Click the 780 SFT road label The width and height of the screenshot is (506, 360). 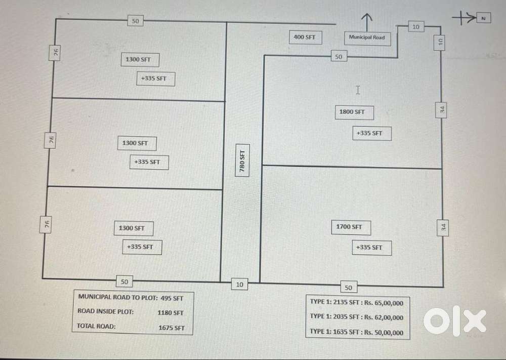[242, 160]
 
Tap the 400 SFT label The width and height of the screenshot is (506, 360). [305, 37]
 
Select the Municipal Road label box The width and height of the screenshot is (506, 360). [367, 37]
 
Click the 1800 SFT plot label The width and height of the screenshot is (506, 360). [352, 112]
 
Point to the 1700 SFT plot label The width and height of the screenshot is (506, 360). [350, 227]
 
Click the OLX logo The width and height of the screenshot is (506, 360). [454, 321]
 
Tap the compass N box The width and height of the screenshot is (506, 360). [483, 18]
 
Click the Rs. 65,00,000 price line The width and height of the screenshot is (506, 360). [357, 302]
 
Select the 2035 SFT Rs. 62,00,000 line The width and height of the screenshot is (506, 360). [357, 317]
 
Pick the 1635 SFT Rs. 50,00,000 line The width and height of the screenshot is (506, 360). [357, 333]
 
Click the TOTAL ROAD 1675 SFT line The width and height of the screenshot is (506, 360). [131, 327]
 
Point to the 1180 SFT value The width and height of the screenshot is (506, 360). [171, 313]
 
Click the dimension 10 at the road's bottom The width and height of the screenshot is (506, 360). [240, 285]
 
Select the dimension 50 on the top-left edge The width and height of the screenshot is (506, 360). [135, 21]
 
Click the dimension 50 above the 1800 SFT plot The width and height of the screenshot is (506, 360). [339, 57]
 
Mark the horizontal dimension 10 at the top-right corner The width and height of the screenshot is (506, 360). [416, 27]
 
